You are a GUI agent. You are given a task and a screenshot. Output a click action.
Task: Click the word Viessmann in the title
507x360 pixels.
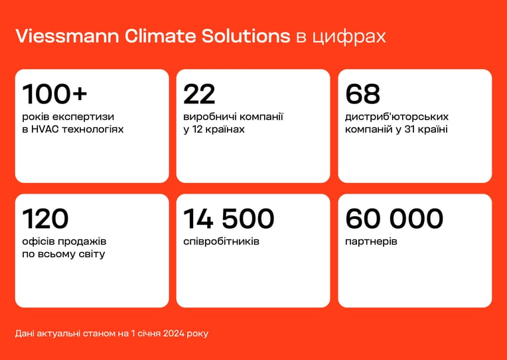[x=67, y=36]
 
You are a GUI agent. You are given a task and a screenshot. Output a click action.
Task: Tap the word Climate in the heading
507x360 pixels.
[x=160, y=36]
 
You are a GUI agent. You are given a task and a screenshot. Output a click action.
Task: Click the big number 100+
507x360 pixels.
[x=54, y=94]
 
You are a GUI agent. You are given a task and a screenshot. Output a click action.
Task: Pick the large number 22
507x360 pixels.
[x=199, y=94]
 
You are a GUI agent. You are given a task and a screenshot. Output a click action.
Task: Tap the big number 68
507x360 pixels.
[x=362, y=94]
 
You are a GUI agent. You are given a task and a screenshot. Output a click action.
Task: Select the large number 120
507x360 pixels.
[x=45, y=219]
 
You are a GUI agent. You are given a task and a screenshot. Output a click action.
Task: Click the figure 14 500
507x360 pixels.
[x=228, y=219]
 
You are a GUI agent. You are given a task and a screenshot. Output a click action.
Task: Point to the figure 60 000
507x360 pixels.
[x=394, y=219]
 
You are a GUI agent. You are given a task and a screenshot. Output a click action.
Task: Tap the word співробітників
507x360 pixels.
[x=221, y=242]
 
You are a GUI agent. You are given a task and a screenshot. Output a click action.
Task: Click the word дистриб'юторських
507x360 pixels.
[x=397, y=117]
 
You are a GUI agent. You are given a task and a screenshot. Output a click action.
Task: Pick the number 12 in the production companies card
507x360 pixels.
[x=197, y=129]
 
